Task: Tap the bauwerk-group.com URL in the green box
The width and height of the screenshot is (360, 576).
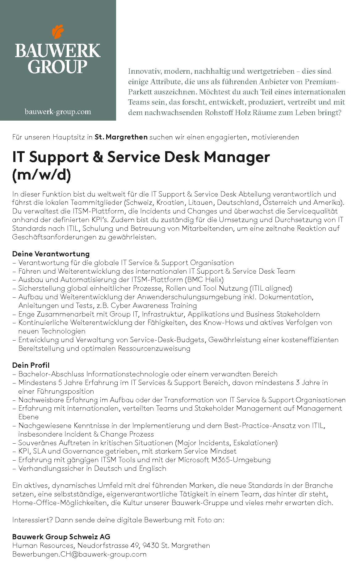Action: tap(58, 112)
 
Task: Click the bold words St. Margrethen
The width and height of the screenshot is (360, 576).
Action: tap(121, 137)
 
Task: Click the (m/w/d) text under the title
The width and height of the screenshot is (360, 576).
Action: tap(41, 175)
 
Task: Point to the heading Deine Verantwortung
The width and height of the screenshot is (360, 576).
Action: tap(51, 254)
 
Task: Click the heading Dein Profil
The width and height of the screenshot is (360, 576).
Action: tap(31, 365)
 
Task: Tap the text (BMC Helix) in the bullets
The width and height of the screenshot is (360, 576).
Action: tap(204, 280)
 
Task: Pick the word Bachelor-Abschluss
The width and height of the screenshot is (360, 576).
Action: tap(51, 374)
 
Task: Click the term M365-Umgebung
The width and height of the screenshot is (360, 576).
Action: tap(241, 460)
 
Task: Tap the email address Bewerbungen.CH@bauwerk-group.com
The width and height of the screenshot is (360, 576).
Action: tap(79, 554)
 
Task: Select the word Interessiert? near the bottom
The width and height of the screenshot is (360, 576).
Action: tap(32, 520)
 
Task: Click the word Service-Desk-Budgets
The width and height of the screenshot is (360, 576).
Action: tap(167, 340)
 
